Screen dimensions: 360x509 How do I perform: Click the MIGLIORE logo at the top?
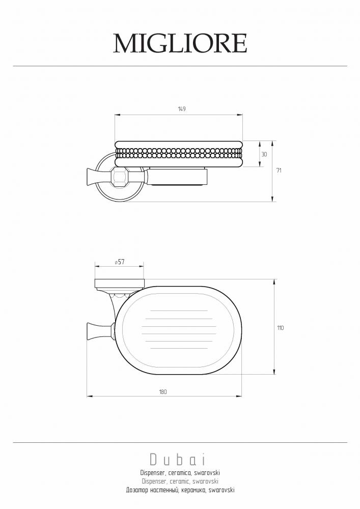point(180,43)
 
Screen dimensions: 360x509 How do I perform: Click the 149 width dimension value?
point(182,109)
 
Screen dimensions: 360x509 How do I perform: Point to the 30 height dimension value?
point(264,155)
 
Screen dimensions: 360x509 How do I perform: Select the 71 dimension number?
point(279,171)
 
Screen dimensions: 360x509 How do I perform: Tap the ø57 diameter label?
point(120,262)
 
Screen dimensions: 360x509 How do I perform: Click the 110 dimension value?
point(281,328)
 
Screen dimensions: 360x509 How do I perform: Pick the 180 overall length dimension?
point(163,392)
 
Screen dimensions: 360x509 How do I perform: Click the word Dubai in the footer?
point(178,459)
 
